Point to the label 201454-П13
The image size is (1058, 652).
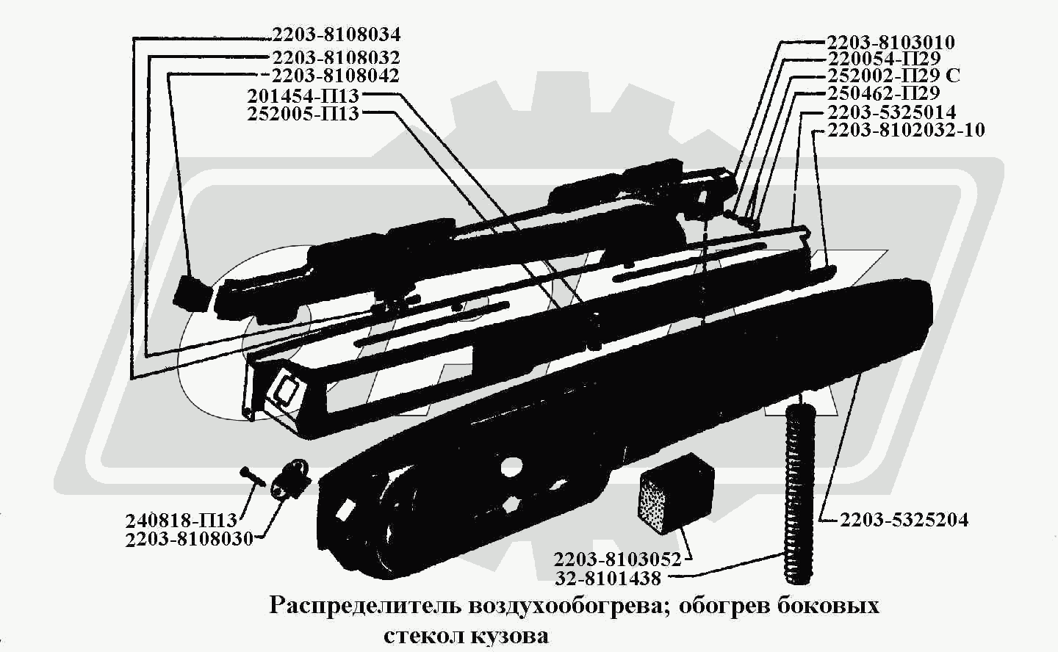point(303,96)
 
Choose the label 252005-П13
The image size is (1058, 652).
point(303,114)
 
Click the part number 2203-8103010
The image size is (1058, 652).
point(890,43)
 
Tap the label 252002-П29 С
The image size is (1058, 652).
point(893,76)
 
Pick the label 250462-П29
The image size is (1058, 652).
point(883,94)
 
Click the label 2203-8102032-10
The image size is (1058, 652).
point(905,130)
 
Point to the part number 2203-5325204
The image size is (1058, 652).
point(904,520)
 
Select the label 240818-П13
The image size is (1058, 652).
point(181,521)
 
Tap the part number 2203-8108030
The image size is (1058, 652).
point(189,539)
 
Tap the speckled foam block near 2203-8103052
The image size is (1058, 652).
point(674,493)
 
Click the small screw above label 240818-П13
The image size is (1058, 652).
point(253,475)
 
